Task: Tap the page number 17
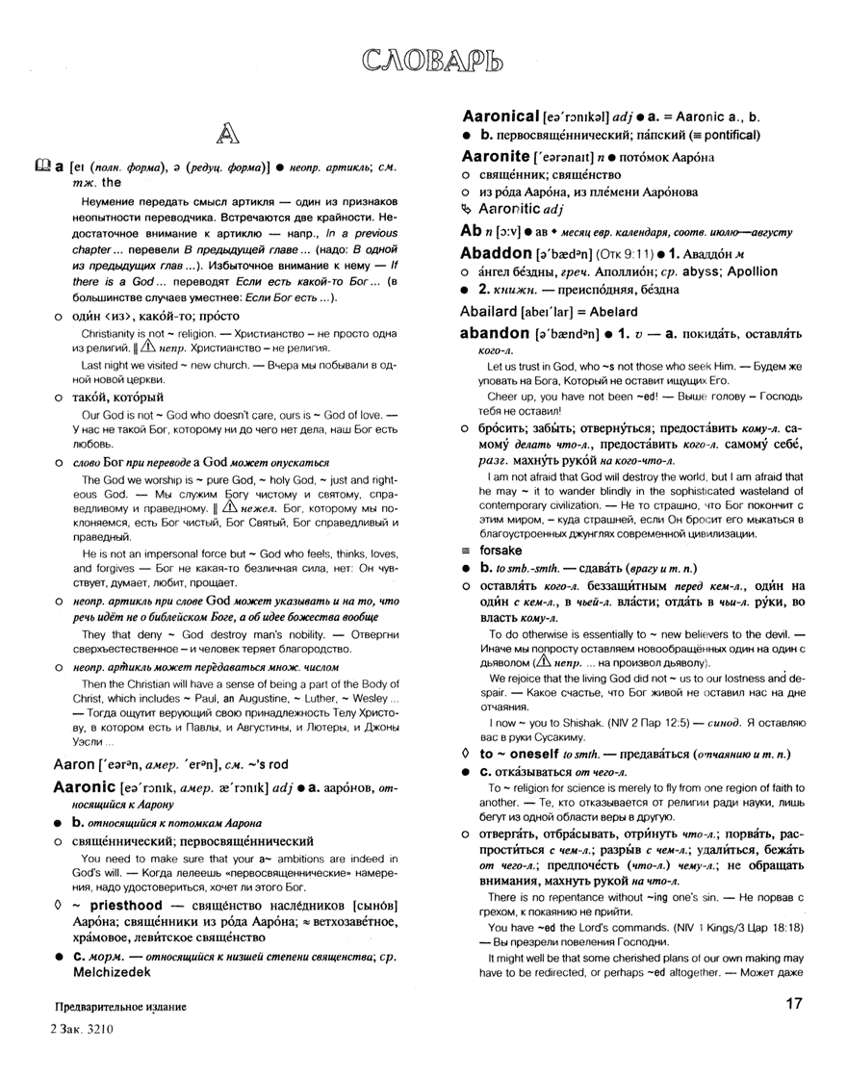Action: pos(799,1007)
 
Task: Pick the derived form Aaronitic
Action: pos(518,212)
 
